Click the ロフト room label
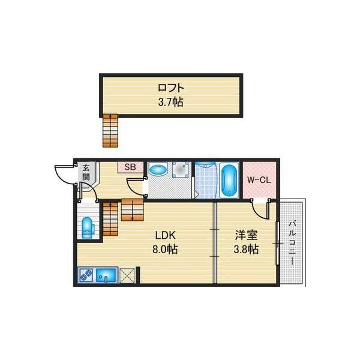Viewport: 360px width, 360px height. click(171, 88)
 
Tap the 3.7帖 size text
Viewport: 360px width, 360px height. click(171, 102)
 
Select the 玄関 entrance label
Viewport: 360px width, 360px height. click(86, 172)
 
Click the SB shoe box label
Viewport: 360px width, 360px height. click(130, 167)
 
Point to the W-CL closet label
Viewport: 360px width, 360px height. click(259, 180)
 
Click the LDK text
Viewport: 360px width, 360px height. click(166, 235)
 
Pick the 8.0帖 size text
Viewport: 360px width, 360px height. click(165, 249)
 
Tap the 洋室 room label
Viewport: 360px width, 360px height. click(247, 235)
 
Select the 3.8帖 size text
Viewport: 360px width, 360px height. click(246, 249)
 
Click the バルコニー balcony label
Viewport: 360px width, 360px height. click(292, 243)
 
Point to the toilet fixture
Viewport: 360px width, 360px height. click(88, 227)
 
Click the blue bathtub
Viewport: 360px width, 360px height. click(229, 181)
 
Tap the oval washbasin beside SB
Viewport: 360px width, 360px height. click(158, 170)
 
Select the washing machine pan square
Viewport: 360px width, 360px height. click(182, 170)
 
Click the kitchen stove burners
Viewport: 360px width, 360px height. click(86, 275)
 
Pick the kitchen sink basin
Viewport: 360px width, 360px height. click(106, 275)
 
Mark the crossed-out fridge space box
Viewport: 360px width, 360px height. click(127, 275)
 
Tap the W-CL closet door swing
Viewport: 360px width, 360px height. click(259, 211)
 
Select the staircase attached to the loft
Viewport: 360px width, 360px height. click(110, 130)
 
